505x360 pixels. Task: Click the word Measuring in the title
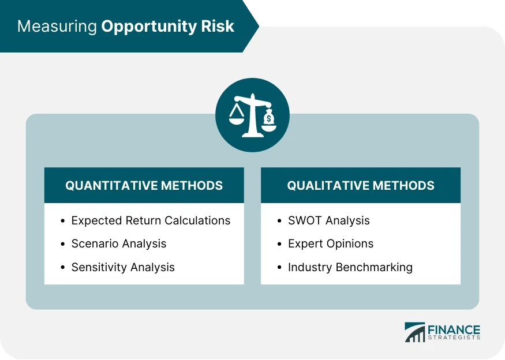(57, 27)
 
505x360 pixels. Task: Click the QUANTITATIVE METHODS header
(144, 186)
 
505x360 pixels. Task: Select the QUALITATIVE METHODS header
(361, 186)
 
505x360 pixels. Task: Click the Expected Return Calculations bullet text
(151, 220)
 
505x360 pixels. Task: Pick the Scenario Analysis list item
(119, 243)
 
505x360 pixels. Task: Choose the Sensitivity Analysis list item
(123, 267)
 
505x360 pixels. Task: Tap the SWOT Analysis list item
(329, 220)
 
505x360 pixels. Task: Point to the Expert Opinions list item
(331, 243)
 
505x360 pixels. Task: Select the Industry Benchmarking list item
(350, 267)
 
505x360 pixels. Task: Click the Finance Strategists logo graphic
(413, 332)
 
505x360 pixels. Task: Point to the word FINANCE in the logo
(454, 329)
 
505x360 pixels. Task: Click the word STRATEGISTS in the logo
(454, 338)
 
